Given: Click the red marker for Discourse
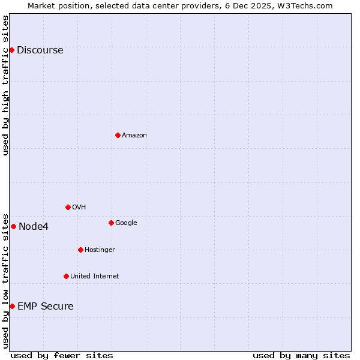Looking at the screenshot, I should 11,50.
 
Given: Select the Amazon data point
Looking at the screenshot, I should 118,135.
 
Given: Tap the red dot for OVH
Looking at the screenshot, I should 68,207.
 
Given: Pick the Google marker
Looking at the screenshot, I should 111,223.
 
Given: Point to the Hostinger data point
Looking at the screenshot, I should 80,250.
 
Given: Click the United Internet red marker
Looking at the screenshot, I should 66,276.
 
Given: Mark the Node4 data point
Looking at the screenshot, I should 13,226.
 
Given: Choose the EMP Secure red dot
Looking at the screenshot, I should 12,306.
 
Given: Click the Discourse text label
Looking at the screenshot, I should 40,50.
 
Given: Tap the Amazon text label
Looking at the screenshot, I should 134,135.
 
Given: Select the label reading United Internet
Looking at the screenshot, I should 94,276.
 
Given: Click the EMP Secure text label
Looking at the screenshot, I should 46,306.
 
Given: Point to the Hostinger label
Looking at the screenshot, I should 100,250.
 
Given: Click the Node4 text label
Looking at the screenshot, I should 34,226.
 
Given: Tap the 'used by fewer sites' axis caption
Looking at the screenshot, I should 62,355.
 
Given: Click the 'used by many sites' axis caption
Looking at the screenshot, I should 301,355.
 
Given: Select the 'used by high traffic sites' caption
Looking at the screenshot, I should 6,85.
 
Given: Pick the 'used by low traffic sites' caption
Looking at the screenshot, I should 6,280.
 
